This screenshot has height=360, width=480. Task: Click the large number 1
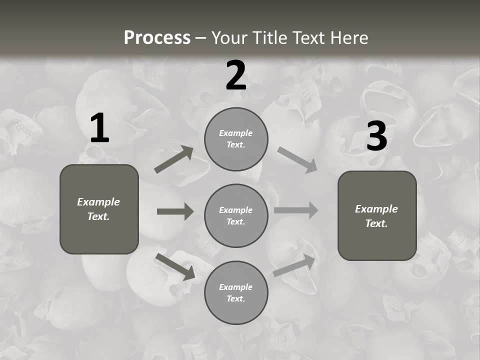point(99,128)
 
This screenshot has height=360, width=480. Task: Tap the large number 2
point(236,76)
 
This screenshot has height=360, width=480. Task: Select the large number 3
point(376,136)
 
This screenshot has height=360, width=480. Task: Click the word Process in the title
point(157,37)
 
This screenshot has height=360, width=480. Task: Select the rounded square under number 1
point(99,209)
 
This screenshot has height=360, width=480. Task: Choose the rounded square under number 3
point(377,215)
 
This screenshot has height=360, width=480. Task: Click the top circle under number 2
point(236,139)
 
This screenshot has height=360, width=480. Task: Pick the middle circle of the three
point(236,215)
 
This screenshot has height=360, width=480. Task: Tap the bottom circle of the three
point(236,292)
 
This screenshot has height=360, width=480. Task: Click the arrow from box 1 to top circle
point(173,159)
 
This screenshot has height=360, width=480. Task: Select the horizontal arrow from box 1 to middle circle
point(175,211)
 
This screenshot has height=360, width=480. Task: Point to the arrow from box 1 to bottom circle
point(175,266)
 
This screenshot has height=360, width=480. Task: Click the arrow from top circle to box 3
point(297,159)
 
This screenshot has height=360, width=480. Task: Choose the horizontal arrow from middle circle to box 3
point(296,210)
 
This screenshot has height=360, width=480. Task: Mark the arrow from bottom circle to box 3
point(294,265)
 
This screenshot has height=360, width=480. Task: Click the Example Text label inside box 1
point(98,209)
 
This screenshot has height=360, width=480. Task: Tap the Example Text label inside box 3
point(376,216)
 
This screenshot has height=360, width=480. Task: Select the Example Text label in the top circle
point(236,139)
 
